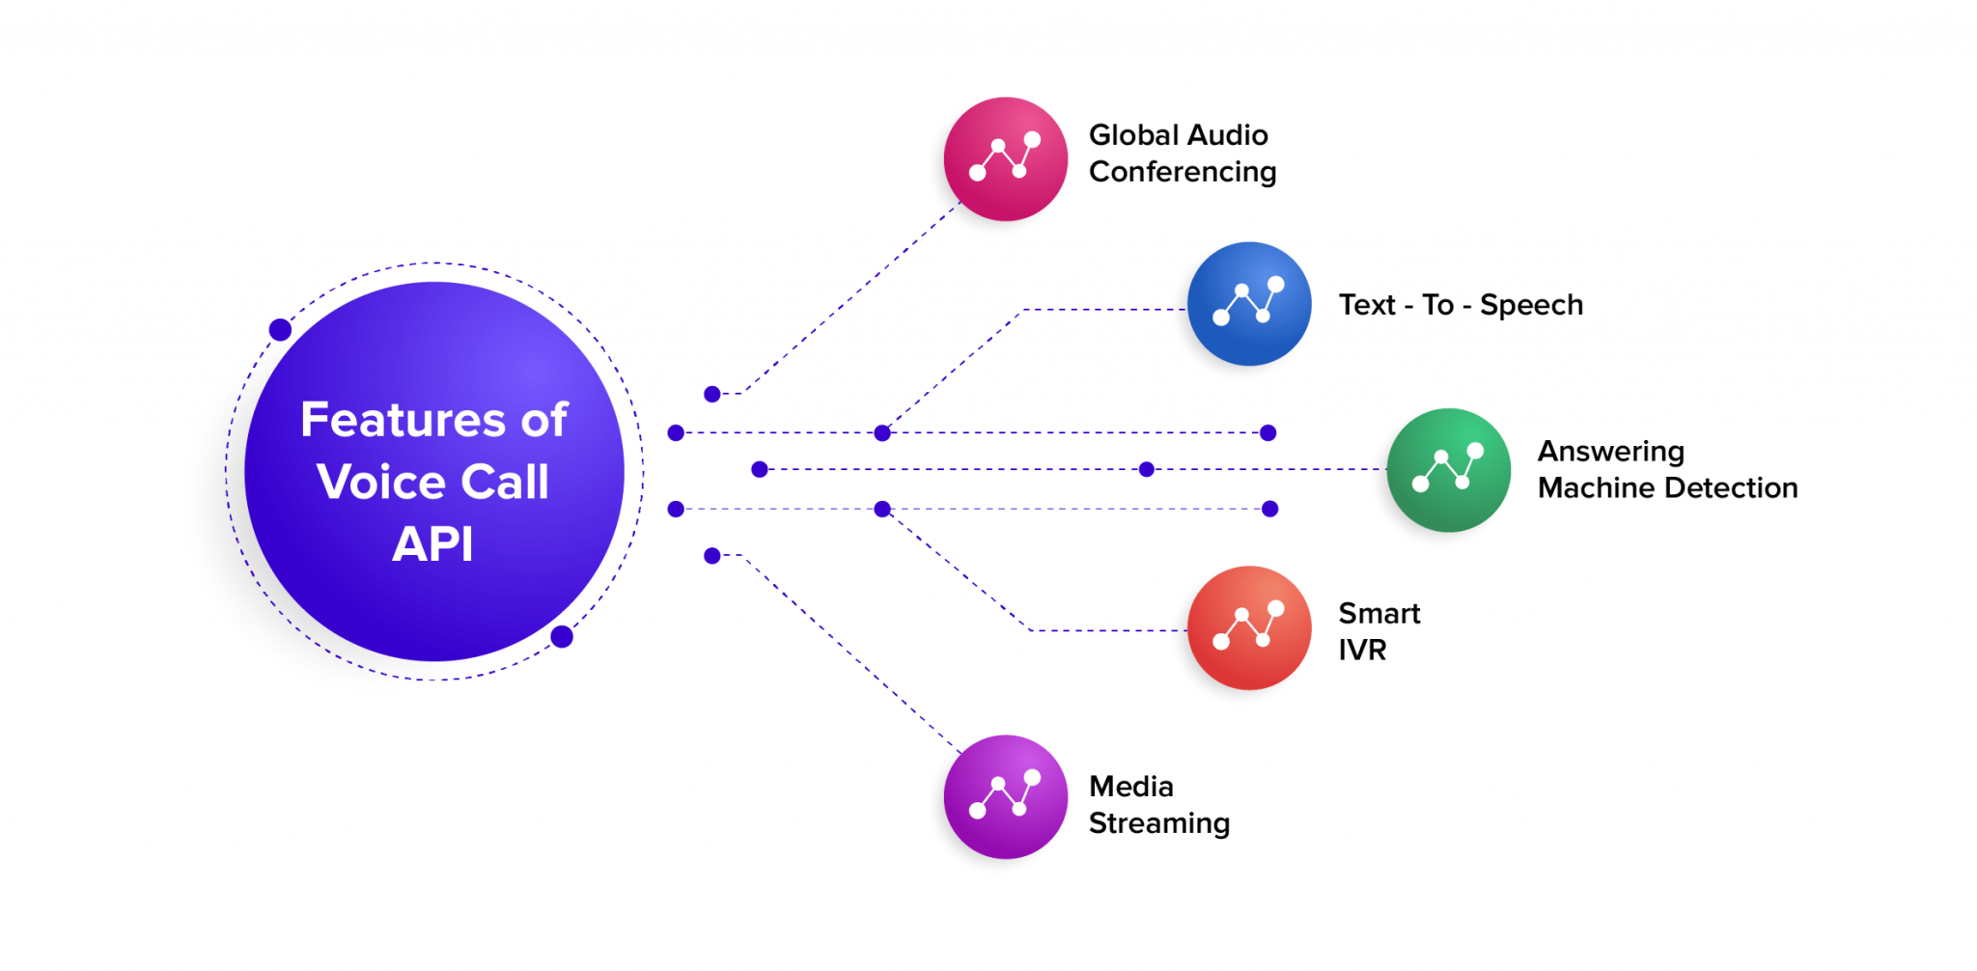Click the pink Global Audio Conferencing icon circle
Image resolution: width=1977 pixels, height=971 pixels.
(x=1005, y=159)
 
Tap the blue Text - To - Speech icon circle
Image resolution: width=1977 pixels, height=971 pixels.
(x=1249, y=304)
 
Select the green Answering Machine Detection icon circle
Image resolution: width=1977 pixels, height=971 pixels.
(x=1448, y=470)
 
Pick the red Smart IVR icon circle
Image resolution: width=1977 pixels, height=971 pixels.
(x=1249, y=628)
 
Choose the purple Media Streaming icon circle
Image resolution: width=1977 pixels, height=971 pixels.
(x=1005, y=797)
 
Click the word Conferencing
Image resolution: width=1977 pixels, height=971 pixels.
(x=1183, y=173)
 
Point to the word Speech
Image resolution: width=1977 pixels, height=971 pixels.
(x=1531, y=306)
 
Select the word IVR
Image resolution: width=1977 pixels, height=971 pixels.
(x=1362, y=651)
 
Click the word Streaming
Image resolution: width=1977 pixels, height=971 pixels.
(x=1159, y=824)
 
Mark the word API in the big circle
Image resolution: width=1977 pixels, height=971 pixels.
(x=432, y=544)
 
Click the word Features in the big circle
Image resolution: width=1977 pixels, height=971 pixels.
(x=403, y=420)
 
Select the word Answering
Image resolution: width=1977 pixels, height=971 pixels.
(x=1610, y=452)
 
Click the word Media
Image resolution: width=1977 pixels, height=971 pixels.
(x=1131, y=787)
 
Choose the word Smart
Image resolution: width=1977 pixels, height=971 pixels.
(x=1378, y=614)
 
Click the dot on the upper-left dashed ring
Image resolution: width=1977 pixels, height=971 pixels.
(x=280, y=330)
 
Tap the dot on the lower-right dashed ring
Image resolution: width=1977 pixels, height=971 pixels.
(x=562, y=637)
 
